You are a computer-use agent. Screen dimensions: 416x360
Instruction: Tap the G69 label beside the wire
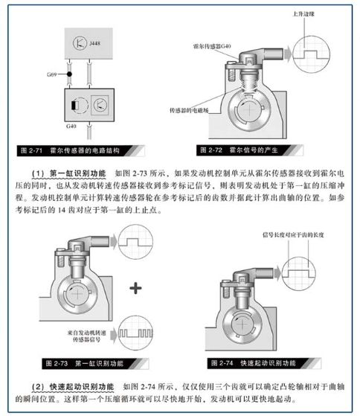point(51,75)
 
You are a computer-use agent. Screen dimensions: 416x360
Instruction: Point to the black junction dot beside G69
point(68,75)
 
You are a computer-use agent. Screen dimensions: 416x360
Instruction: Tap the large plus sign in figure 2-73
point(135,288)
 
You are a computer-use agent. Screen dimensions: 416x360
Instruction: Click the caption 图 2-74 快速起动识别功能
point(259,362)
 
